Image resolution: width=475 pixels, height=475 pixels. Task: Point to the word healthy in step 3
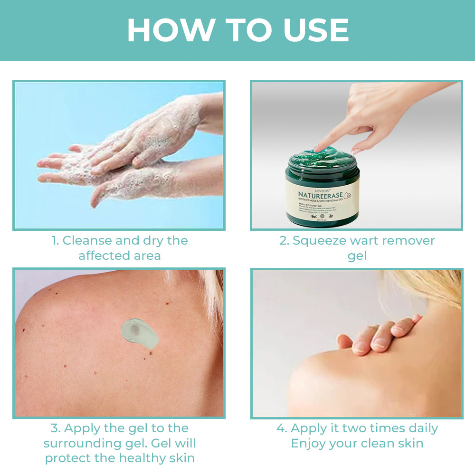tap(133, 458)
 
